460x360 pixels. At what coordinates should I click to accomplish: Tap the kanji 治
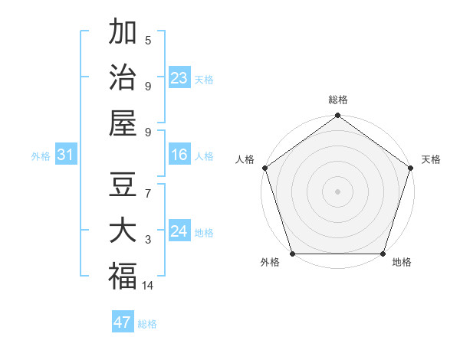(x=123, y=77)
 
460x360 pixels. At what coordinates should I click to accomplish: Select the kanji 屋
(x=123, y=122)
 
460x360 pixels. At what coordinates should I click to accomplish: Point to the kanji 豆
(x=123, y=186)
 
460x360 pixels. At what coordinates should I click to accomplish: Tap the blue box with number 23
(x=179, y=77)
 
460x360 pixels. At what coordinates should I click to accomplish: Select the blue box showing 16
(x=179, y=155)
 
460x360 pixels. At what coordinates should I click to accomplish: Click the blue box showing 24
(x=179, y=231)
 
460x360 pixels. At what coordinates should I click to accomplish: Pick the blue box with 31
(x=65, y=155)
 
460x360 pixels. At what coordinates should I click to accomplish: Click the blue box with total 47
(x=123, y=322)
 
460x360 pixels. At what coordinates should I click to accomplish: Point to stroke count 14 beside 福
(x=148, y=286)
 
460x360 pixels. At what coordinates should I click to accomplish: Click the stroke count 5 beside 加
(x=148, y=41)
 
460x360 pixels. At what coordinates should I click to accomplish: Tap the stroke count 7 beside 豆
(x=148, y=195)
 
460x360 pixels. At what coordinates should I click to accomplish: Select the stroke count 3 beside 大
(x=148, y=240)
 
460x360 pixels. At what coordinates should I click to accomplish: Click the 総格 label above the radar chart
(x=337, y=100)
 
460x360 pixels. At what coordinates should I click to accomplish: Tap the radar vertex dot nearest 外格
(x=292, y=254)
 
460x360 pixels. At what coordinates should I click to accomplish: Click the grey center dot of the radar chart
(x=337, y=191)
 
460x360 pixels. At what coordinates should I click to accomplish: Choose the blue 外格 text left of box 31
(x=41, y=156)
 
